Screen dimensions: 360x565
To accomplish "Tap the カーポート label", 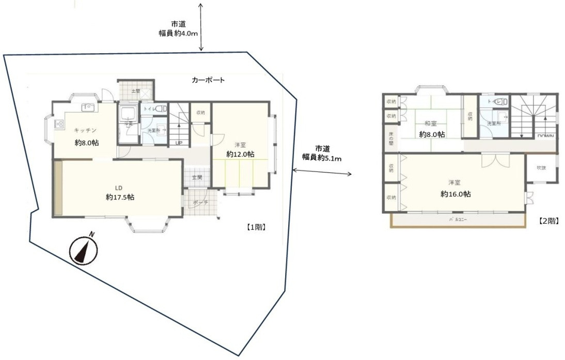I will (x=207, y=81).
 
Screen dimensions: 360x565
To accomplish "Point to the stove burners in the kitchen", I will (x=59, y=124).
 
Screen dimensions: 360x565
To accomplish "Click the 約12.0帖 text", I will (x=240, y=154).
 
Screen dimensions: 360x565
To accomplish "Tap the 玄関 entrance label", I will (x=197, y=177).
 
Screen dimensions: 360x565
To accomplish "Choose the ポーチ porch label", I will (x=200, y=203).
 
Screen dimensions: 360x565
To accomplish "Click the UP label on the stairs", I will (x=179, y=143).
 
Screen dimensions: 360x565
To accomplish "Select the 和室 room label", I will (x=431, y=123).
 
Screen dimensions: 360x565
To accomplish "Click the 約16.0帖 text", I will (x=455, y=194).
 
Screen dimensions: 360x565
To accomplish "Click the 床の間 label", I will (x=390, y=139).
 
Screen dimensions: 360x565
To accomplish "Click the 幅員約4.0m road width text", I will (x=178, y=33).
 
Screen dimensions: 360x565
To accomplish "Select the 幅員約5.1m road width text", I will (x=322, y=158).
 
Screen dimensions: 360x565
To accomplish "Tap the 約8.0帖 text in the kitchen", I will (x=87, y=143).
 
